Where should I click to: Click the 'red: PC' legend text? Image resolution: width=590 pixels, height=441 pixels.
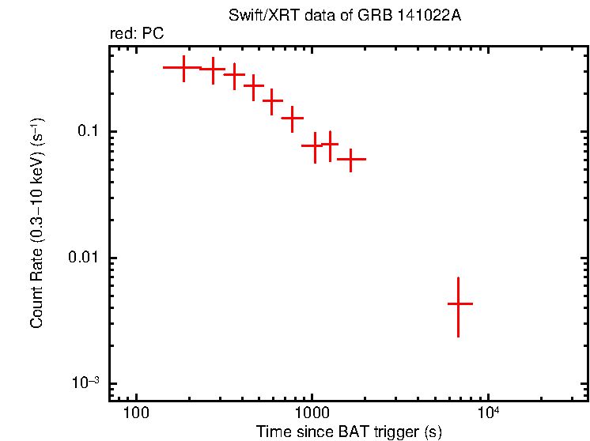(137, 35)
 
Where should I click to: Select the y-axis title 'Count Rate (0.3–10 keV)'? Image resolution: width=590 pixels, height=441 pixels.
(36, 224)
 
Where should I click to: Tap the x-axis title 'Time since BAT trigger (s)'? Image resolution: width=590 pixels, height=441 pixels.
(349, 432)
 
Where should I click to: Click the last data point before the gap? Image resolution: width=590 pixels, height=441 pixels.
(350, 159)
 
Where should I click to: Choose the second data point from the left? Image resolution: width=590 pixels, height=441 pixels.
(212, 70)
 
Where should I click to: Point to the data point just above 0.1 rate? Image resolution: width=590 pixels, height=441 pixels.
(293, 119)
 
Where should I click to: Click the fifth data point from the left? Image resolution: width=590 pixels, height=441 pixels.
(273, 101)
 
